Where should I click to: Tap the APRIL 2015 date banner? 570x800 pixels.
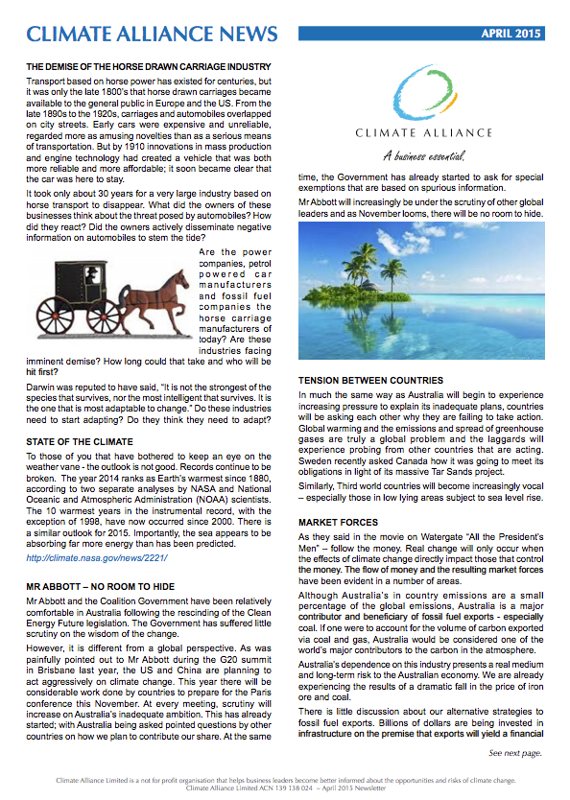[x=511, y=35]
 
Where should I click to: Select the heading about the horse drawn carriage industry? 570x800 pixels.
[x=148, y=66]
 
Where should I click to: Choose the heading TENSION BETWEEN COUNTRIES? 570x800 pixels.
[x=371, y=380]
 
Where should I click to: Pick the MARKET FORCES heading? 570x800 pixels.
[x=341, y=523]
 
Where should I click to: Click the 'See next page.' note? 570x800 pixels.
[x=515, y=753]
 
